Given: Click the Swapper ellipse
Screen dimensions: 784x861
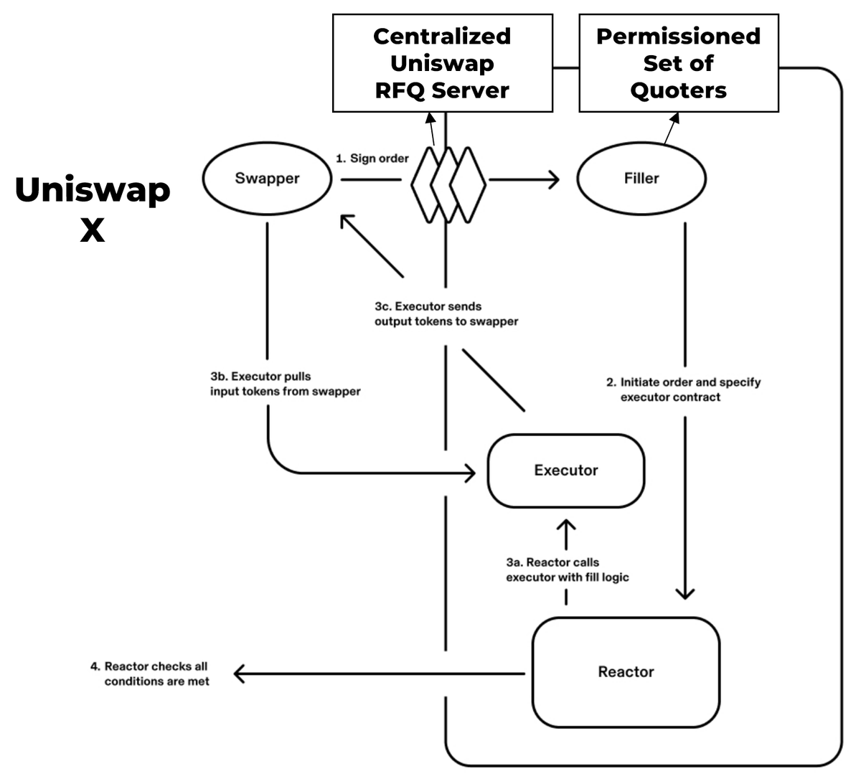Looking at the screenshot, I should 267,179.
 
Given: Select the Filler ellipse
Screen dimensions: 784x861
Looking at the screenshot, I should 641,179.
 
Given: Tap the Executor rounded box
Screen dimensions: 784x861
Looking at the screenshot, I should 565,471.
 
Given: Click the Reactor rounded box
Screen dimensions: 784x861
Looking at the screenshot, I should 626,672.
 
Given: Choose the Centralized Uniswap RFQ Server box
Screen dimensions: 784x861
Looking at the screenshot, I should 442,63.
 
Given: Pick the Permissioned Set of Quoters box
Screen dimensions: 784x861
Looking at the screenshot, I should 678,63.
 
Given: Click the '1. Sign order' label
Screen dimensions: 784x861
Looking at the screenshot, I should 372,159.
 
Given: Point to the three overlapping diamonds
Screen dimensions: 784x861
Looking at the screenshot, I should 448,184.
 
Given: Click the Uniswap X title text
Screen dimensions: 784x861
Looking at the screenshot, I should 93,209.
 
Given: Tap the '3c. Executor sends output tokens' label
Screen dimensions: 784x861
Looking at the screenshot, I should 446,314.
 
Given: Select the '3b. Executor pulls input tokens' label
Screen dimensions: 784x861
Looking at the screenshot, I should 285,384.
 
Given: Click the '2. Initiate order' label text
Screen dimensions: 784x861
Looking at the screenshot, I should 683,389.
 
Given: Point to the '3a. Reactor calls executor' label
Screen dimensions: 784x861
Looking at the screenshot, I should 567,570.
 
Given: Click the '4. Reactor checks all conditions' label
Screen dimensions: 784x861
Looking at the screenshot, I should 150,674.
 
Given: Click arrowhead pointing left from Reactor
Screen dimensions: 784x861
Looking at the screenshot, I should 239,674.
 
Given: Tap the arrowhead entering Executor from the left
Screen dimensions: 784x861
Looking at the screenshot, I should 471,473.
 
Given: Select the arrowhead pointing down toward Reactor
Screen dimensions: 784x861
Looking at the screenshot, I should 685,593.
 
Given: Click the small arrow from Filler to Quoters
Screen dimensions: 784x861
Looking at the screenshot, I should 672,127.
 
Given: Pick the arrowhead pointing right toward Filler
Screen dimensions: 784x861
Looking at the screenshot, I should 554,179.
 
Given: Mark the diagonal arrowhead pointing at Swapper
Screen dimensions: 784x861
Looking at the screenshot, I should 346,220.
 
